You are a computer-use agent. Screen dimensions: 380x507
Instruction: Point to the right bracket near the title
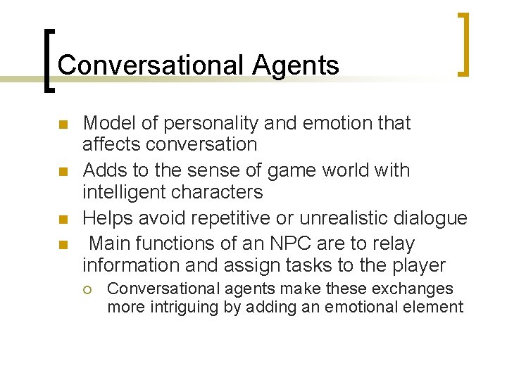pyautogui.click(x=463, y=44)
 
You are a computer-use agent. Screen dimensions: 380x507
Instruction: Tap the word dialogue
pyautogui.click(x=430, y=218)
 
